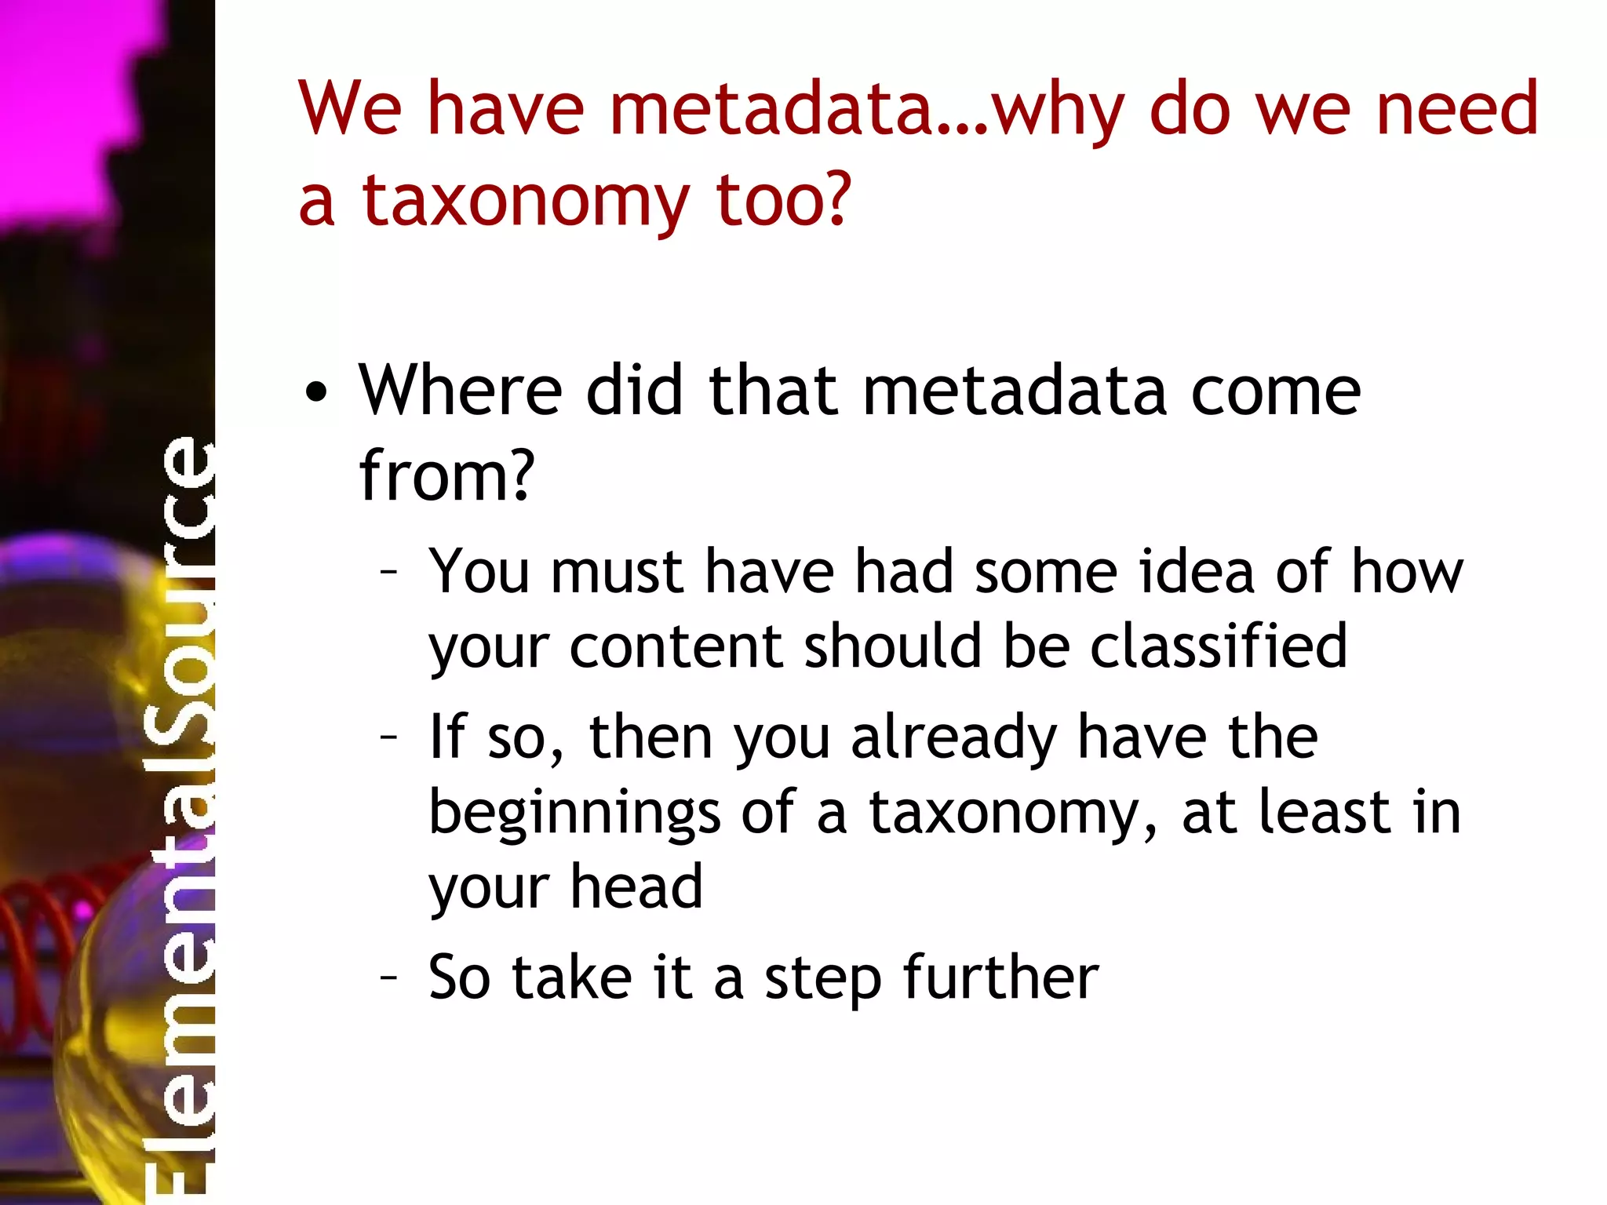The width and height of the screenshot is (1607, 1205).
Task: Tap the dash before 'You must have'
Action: pyautogui.click(x=388, y=572)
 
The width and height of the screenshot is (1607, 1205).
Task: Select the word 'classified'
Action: pyautogui.click(x=1219, y=646)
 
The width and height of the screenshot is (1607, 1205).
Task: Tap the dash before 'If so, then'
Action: pyautogui.click(x=388, y=737)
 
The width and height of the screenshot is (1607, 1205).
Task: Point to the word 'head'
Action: pyautogui.click(x=636, y=886)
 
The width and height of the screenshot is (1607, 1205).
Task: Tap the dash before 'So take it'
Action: pyautogui.click(x=388, y=977)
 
